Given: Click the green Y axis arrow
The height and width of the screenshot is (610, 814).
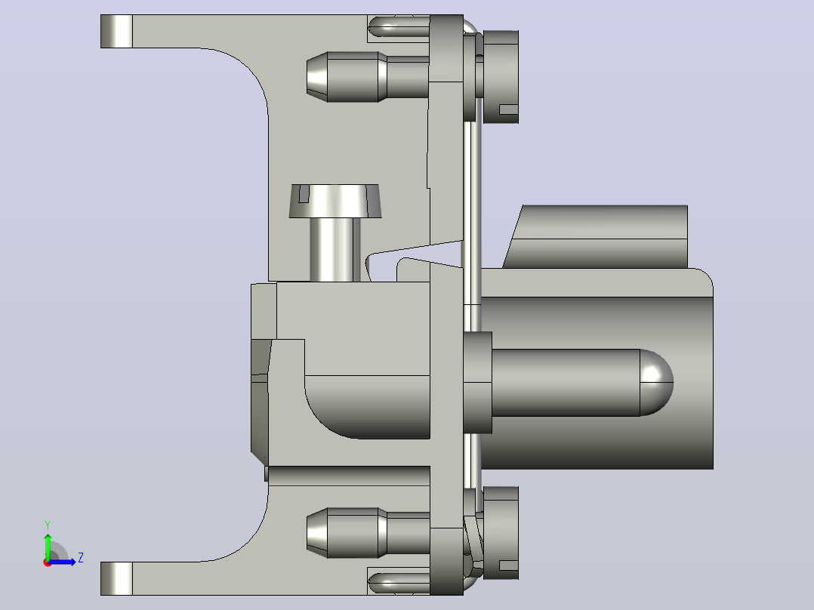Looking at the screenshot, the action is pyautogui.click(x=48, y=546).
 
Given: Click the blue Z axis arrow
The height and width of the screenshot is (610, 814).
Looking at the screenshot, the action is pyautogui.click(x=62, y=562).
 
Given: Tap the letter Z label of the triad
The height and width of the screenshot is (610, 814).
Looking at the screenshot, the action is pyautogui.click(x=81, y=558).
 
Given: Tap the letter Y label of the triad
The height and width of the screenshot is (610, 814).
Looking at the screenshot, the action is pyautogui.click(x=48, y=525).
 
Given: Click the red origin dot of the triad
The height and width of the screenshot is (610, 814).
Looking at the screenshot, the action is pyautogui.click(x=48, y=562).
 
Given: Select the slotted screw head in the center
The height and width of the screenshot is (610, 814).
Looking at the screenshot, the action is pyautogui.click(x=335, y=201).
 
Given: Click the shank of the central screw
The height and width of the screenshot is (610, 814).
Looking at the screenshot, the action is pyautogui.click(x=335, y=250).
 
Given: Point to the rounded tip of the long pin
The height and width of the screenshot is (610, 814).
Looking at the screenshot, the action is pyautogui.click(x=657, y=383).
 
